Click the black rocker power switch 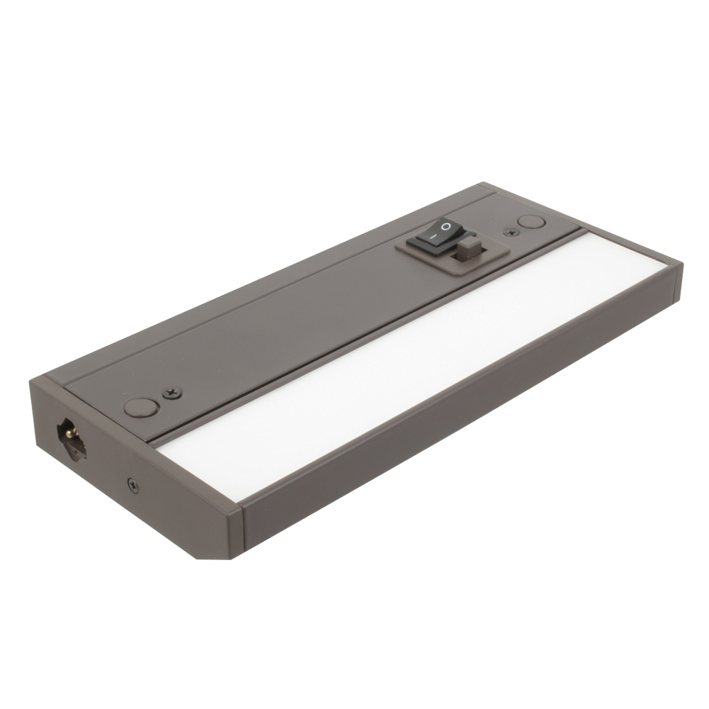point(435,235)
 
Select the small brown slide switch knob point(467,248)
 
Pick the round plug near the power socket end point(141,407)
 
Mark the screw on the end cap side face point(133,485)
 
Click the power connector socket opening point(72,435)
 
